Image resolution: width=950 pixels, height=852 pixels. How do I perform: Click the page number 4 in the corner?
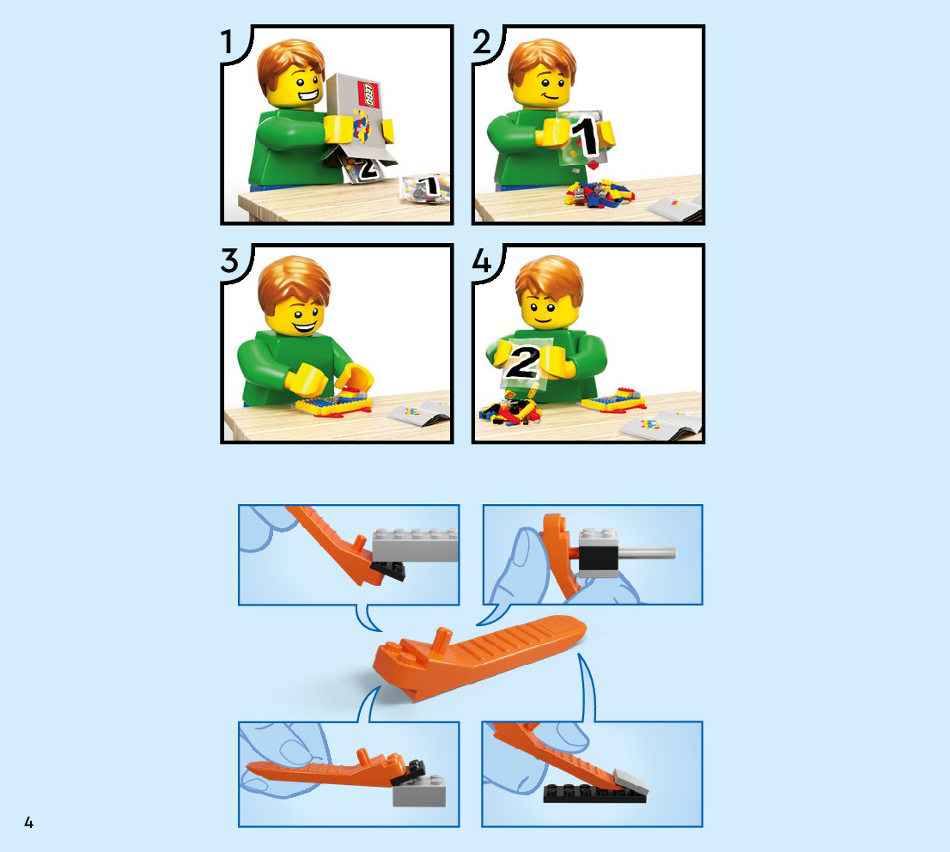pos(28,822)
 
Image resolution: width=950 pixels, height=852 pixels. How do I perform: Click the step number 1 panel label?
pos(228,42)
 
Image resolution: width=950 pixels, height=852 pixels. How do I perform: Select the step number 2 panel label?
pos(482,42)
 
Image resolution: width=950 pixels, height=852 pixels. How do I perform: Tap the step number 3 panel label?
pos(229,260)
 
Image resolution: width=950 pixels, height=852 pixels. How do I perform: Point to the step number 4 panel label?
pos(482,260)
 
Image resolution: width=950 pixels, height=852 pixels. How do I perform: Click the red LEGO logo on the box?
pos(368,94)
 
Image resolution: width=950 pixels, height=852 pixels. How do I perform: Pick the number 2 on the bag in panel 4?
pos(522,362)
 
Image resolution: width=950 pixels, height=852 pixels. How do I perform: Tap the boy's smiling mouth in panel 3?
pos(303,327)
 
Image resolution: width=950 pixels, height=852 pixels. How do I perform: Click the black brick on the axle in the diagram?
pos(598,558)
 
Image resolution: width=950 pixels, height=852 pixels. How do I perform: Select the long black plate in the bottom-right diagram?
pos(594,794)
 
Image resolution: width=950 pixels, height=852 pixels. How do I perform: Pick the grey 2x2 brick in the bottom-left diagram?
pos(418,791)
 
